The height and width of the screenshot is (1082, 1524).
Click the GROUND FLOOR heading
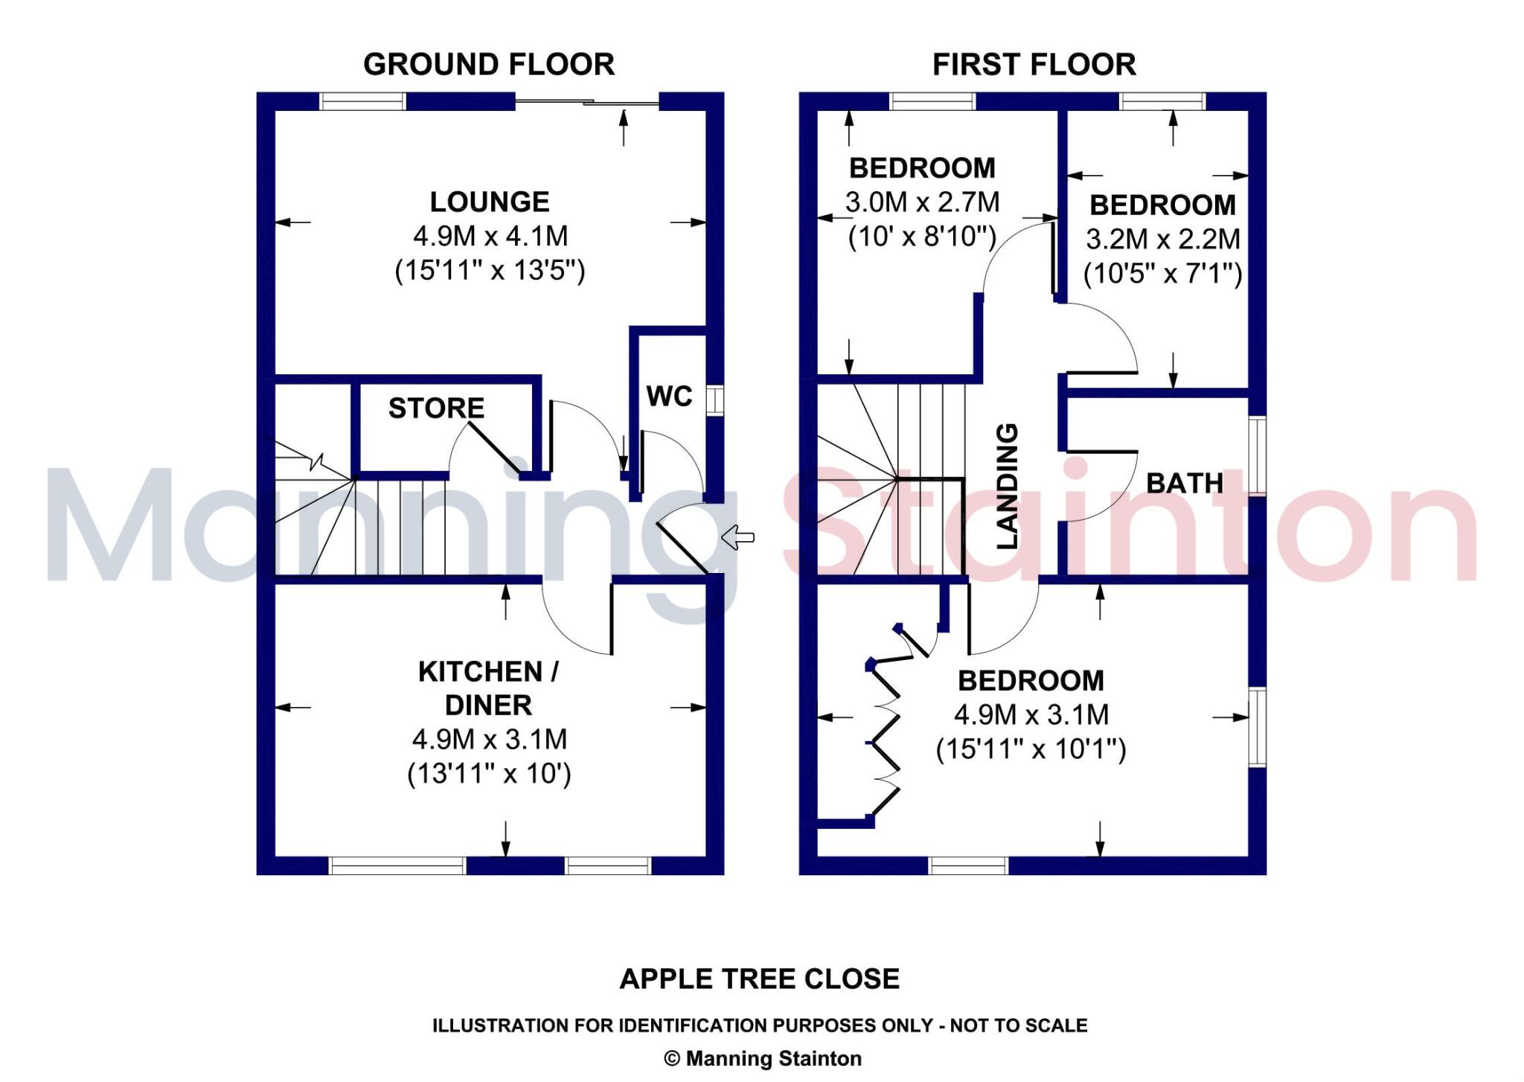pyautogui.click(x=489, y=65)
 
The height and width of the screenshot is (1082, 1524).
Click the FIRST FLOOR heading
pyautogui.click(x=1034, y=65)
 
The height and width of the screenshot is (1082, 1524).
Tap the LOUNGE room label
pyautogui.click(x=490, y=202)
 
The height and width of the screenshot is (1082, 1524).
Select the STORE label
pyautogui.click(x=436, y=408)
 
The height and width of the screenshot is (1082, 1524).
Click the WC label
pyautogui.click(x=669, y=396)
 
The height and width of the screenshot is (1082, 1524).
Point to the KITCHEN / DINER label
pyautogui.click(x=488, y=688)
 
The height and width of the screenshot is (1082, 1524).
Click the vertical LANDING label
pyautogui.click(x=1007, y=486)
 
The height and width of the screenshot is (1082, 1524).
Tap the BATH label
pyautogui.click(x=1184, y=484)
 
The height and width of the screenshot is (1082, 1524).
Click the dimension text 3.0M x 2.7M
pyautogui.click(x=922, y=202)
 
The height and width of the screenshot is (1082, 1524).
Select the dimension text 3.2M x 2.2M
pyautogui.click(x=1162, y=239)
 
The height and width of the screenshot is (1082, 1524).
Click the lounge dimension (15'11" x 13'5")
pyautogui.click(x=490, y=269)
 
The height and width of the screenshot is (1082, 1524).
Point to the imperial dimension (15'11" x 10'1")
pyautogui.click(x=1031, y=749)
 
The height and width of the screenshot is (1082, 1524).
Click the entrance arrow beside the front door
pyautogui.click(x=738, y=537)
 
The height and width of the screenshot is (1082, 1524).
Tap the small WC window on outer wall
pyautogui.click(x=714, y=400)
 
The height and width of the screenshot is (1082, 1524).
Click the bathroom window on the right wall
pyautogui.click(x=1257, y=456)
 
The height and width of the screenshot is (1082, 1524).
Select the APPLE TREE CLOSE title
pyautogui.click(x=759, y=979)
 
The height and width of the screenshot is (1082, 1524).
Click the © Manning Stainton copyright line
pyautogui.click(x=762, y=1058)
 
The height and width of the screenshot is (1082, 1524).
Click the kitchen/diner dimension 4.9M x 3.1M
pyautogui.click(x=490, y=739)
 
